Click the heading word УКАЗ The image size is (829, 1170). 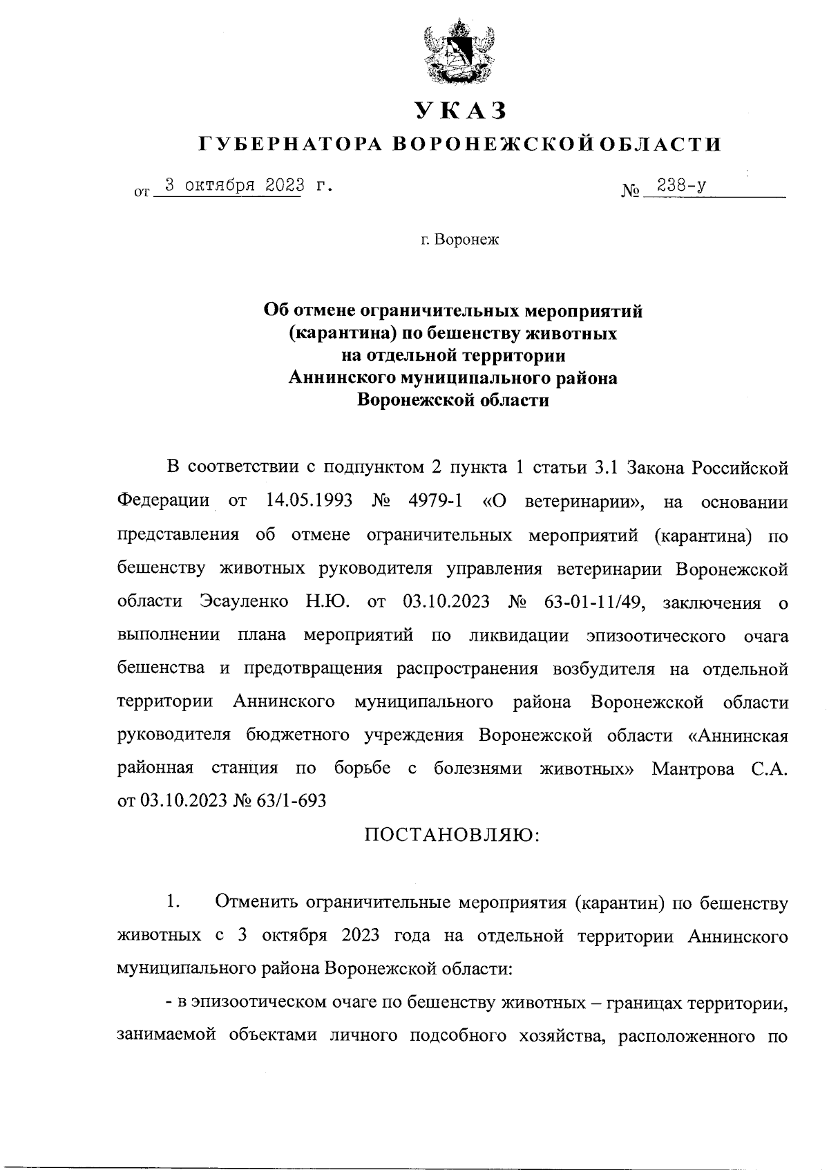460,110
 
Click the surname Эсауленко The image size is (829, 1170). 245,601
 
